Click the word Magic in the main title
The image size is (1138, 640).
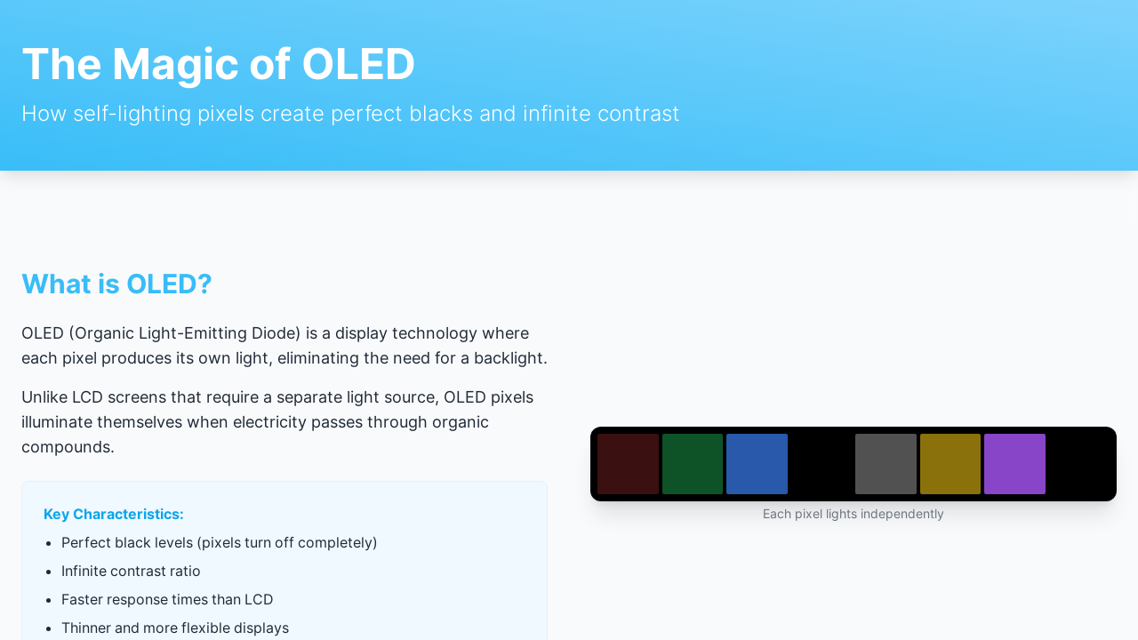175,65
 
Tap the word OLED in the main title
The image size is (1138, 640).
358,64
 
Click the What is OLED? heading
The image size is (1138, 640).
116,284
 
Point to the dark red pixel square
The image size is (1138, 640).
628,464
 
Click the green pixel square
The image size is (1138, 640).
693,464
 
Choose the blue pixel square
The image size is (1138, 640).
757,464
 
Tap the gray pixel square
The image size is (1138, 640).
886,464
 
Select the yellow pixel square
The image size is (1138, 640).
950,464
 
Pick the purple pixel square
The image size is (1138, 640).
1015,464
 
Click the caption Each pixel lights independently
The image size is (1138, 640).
853,514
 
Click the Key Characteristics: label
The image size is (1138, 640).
113,514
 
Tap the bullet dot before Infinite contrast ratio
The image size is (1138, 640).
49,572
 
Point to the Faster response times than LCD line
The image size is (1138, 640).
167,599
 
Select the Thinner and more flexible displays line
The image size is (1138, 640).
175,628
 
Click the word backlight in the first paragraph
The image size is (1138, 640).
510,358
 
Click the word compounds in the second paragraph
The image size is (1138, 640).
68,447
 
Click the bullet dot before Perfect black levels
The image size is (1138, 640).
49,543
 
